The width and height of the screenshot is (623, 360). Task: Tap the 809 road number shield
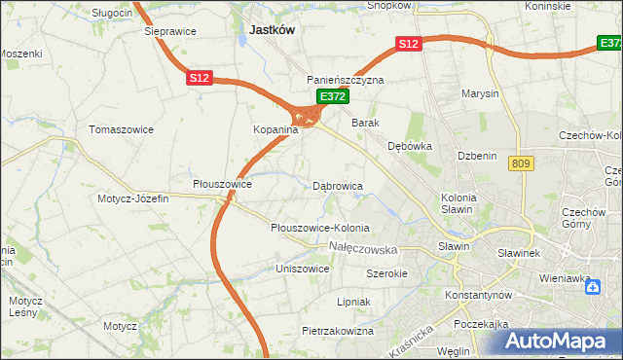519,164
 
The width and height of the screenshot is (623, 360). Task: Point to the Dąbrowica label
338,185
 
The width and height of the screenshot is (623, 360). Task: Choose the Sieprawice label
169,31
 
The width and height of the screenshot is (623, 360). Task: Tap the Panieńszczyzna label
346,80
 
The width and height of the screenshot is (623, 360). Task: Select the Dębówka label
409,146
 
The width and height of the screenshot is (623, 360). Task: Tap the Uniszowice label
303,268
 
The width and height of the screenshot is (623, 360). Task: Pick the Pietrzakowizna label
338,331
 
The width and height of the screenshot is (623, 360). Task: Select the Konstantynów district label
478,294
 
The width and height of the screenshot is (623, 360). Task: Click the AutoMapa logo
553,339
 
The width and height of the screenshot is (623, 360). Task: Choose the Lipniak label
353,302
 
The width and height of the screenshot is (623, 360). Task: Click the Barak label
365,123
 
